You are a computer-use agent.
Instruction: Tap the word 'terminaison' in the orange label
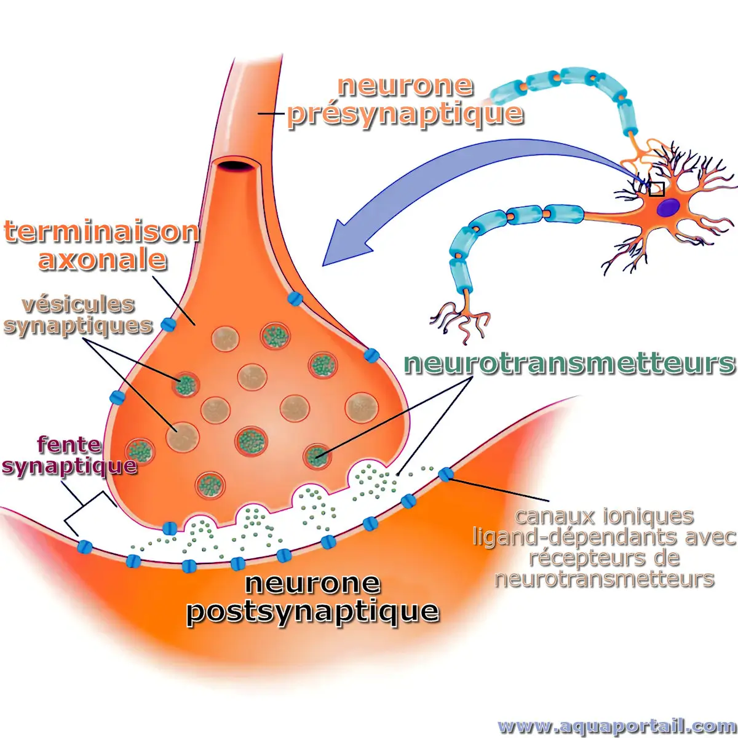(101, 232)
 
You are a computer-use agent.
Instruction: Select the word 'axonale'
(103, 259)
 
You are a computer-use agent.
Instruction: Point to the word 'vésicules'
(78, 304)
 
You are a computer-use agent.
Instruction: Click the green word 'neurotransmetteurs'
(569, 363)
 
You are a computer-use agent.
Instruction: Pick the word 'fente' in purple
(69, 444)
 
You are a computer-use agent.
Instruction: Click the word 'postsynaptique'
(312, 611)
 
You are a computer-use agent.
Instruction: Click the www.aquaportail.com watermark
(616, 726)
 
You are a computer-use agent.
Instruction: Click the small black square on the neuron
(657, 189)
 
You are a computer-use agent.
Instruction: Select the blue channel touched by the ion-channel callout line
(445, 474)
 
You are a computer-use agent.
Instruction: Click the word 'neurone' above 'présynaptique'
(405, 86)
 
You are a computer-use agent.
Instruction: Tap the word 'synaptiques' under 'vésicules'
(78, 325)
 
